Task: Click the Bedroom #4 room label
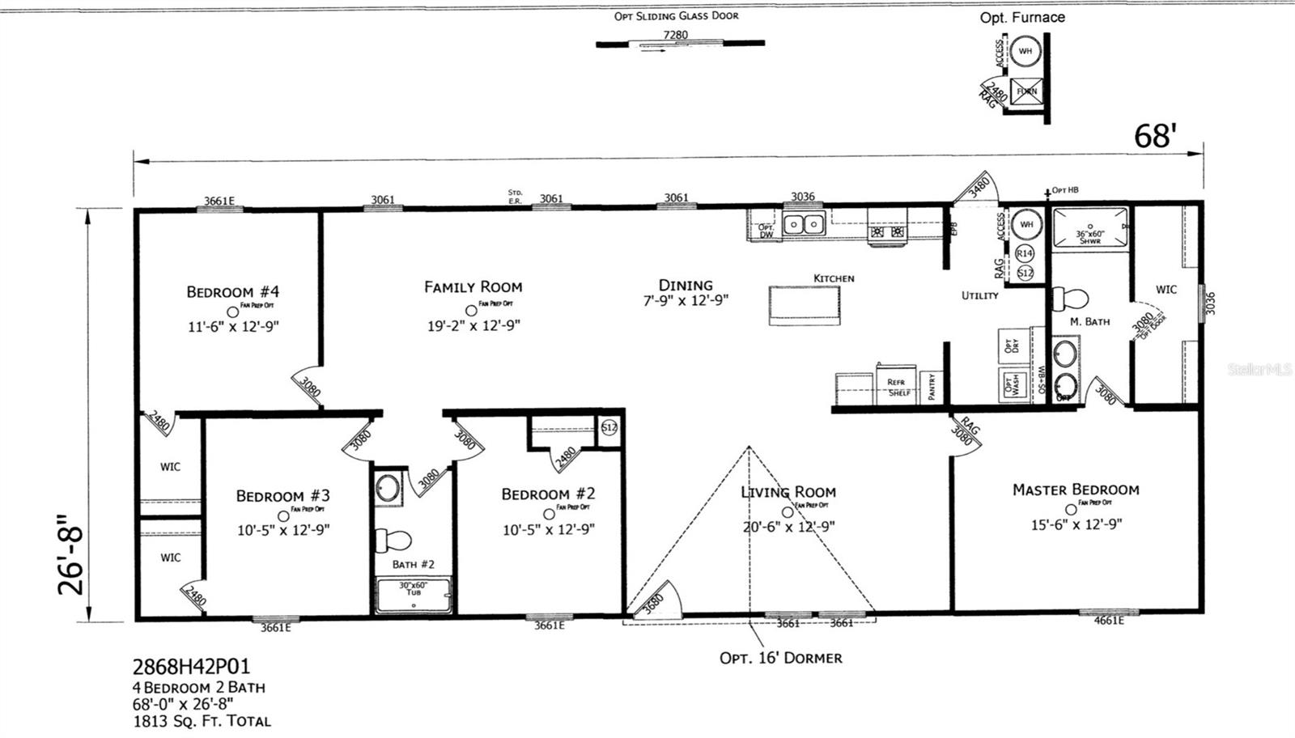point(233,291)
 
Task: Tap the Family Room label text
point(473,286)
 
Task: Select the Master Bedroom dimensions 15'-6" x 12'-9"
point(1076,524)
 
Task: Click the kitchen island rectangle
point(805,305)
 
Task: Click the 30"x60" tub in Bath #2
point(414,595)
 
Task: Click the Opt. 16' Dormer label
point(780,658)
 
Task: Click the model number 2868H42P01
point(191,667)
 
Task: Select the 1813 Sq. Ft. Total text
point(202,721)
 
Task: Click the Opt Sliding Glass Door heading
point(676,15)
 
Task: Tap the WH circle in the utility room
point(1026,224)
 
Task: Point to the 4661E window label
point(1109,621)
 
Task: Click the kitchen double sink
point(803,224)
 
